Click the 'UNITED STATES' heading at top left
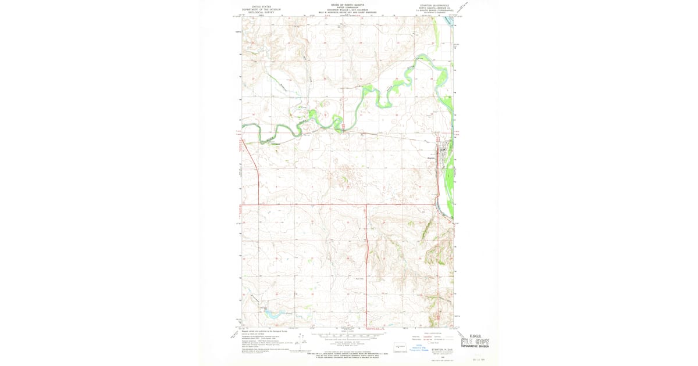tap(261, 4)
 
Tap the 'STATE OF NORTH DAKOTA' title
tap(347, 4)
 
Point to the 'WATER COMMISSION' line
tap(347, 8)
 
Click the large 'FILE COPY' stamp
tap(475, 342)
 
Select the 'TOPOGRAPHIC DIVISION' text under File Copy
tap(475, 347)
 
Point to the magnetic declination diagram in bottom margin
tap(300, 342)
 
